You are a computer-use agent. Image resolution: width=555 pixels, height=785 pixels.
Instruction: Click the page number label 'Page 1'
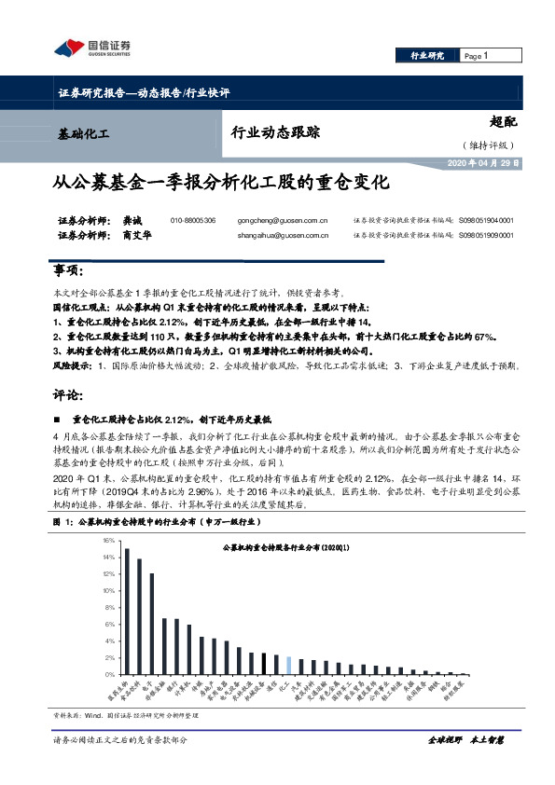[x=477, y=56]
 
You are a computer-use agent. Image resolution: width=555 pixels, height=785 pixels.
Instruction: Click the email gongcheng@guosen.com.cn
[x=277, y=220]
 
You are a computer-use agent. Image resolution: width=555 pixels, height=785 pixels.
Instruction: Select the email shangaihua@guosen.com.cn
[x=277, y=236]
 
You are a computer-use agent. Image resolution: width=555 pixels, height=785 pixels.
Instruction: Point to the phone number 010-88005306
[x=193, y=220]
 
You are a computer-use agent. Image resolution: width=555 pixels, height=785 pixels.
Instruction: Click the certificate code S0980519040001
[x=486, y=220]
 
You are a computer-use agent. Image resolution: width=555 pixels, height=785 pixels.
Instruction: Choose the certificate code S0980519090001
[x=486, y=236]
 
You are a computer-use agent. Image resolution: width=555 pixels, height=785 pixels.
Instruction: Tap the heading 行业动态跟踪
[x=275, y=132]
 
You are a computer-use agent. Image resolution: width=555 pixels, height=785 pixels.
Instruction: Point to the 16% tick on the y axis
[x=108, y=540]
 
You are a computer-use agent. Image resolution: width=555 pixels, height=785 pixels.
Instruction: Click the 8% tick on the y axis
[x=110, y=607]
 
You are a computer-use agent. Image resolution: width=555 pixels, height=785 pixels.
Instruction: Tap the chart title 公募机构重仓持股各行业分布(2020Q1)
[x=280, y=550]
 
